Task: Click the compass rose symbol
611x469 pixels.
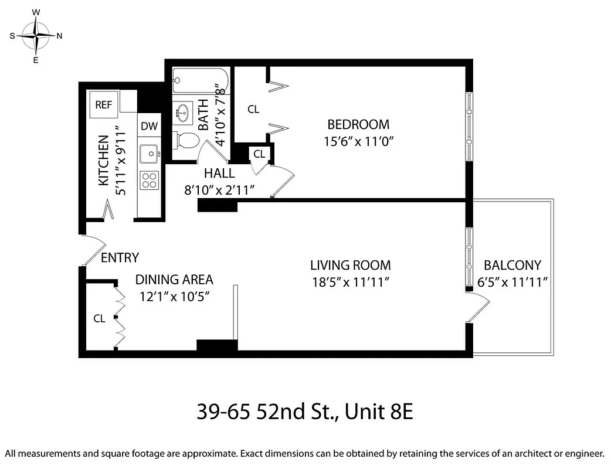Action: point(36,35)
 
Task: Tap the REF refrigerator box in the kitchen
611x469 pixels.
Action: point(104,105)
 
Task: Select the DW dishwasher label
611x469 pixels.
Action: point(150,125)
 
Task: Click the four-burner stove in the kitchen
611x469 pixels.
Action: point(150,180)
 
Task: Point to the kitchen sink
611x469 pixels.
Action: point(150,154)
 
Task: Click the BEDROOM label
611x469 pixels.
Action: point(358,124)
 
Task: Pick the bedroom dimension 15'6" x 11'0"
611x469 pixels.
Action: point(358,141)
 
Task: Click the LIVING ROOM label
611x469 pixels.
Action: point(351,265)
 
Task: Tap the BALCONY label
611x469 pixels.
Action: point(512,265)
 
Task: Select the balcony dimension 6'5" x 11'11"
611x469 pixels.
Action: point(512,282)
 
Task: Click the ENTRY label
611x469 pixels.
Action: point(120,258)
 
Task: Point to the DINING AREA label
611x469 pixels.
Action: point(174,280)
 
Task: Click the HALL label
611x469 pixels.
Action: point(219,173)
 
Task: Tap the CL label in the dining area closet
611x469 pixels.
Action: point(99,318)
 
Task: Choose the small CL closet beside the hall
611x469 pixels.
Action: point(259,154)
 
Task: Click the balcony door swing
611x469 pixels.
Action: point(480,308)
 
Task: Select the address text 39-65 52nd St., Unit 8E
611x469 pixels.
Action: point(305,412)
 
